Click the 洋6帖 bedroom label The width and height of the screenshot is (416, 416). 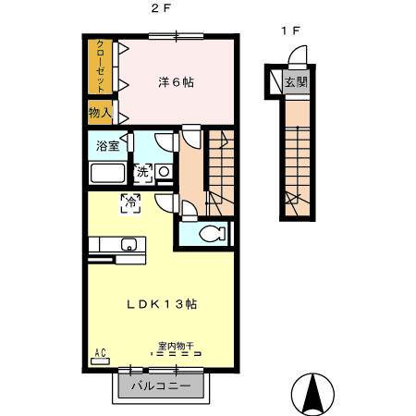(x=176, y=82)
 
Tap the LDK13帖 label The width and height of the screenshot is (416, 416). (x=162, y=304)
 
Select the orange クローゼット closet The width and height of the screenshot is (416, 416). (x=100, y=67)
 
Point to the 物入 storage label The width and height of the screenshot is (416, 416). (x=100, y=113)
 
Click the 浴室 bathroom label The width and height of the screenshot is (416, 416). (x=107, y=146)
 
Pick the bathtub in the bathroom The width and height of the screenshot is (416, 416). (x=107, y=173)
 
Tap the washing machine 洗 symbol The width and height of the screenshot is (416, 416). (x=143, y=173)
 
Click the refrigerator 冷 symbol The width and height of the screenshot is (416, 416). (x=130, y=203)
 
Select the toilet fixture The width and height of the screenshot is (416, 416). (x=213, y=234)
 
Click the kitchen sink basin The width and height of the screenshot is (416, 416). (x=128, y=244)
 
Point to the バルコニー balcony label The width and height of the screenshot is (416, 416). (x=161, y=385)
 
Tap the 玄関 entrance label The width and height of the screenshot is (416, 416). (x=296, y=81)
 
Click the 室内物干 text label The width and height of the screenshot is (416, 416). (x=176, y=346)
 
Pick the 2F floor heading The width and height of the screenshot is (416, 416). (x=161, y=8)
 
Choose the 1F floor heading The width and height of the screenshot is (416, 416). (x=290, y=31)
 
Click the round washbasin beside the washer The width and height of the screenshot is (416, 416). (x=164, y=171)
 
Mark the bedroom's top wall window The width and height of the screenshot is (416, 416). (x=176, y=36)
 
